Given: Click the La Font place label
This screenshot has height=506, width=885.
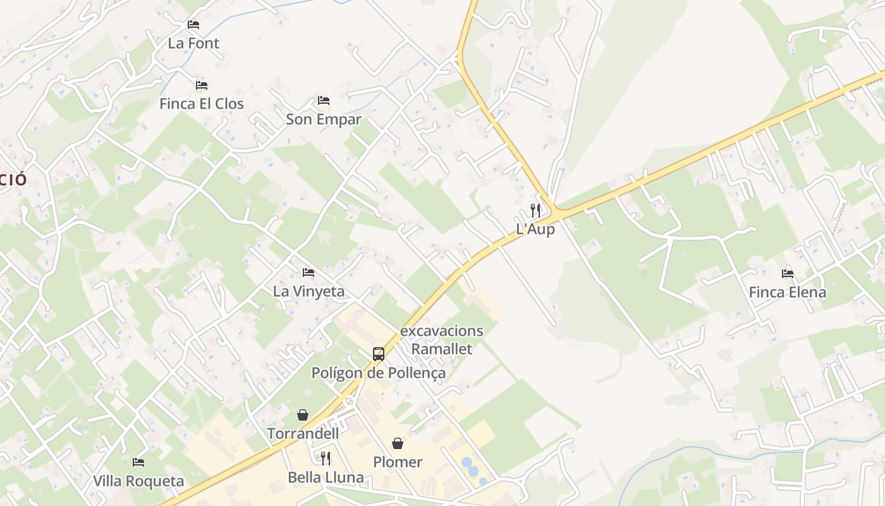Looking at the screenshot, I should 193,44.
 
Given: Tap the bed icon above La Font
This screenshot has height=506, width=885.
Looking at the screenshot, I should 193,25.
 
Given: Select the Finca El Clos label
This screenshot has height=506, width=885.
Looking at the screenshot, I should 202,104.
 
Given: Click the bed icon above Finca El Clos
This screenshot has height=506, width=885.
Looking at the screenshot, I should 202,85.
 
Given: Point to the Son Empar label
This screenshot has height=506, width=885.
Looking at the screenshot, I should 324,120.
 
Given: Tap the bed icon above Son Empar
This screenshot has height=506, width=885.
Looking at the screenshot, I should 324,101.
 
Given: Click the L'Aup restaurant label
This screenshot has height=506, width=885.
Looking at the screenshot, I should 535,229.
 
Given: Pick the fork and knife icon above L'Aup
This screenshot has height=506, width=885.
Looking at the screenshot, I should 535,210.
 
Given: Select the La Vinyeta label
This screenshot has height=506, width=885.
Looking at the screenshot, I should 308,292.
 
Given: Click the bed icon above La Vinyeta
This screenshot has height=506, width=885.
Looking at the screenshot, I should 308,273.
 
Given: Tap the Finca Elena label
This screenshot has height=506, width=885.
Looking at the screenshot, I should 788,293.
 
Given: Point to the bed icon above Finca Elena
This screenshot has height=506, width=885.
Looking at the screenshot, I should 788,274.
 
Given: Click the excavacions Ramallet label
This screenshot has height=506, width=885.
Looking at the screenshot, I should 442,340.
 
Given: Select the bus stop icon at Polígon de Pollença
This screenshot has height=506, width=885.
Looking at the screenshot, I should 379,354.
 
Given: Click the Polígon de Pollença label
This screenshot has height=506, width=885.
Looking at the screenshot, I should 379,373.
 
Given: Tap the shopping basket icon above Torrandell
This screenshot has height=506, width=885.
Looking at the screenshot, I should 303,415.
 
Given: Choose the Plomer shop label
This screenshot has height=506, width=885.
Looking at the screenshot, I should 398,462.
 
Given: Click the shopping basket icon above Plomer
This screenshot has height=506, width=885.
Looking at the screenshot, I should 398,443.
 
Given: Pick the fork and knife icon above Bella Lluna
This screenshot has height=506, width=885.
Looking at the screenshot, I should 326,459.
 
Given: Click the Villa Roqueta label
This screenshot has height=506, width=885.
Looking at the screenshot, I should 138,481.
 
